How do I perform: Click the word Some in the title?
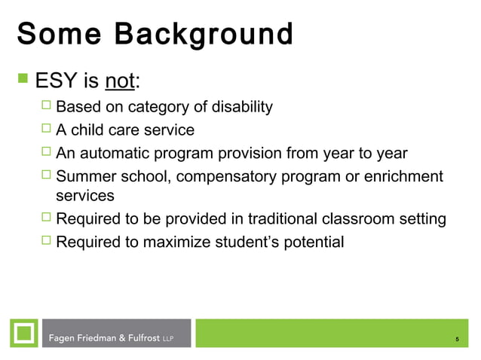pos(56,34)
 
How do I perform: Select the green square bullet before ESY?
pos(22,78)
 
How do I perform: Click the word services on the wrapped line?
pos(85,196)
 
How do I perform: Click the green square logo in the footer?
pos(24,333)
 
